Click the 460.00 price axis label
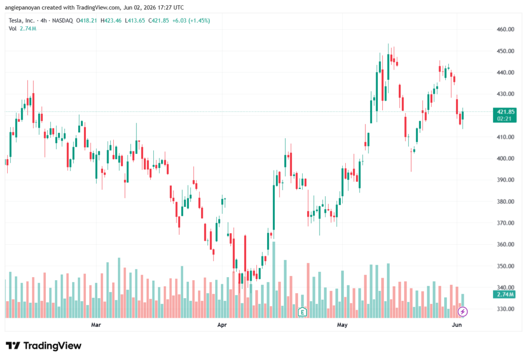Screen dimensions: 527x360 pyautogui.click(x=505, y=29)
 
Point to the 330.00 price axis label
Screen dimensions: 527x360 pyautogui.click(x=505, y=309)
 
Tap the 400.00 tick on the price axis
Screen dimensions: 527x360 pyautogui.click(x=505, y=159)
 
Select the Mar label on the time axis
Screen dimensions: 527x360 pyautogui.click(x=96, y=324)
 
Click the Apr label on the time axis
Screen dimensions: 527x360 pyautogui.click(x=222, y=324)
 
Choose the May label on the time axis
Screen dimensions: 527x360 pyautogui.click(x=342, y=324)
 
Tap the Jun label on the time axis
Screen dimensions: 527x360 pyautogui.click(x=457, y=324)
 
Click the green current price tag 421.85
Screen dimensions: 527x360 pyautogui.click(x=504, y=115)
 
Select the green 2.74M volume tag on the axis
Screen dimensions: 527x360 pyautogui.click(x=504, y=295)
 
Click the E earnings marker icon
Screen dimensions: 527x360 pyautogui.click(x=302, y=312)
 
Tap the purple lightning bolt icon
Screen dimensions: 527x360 pyautogui.click(x=463, y=312)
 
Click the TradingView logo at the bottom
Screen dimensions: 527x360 pyautogui.click(x=44, y=346)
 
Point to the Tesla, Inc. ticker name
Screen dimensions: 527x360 pyautogui.click(x=22, y=21)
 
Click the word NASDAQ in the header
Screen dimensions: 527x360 pyautogui.click(x=62, y=21)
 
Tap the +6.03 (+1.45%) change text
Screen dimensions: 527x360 pyautogui.click(x=191, y=21)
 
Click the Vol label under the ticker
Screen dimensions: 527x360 pyautogui.click(x=12, y=29)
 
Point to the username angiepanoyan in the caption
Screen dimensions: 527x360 pyautogui.click(x=23, y=7)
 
